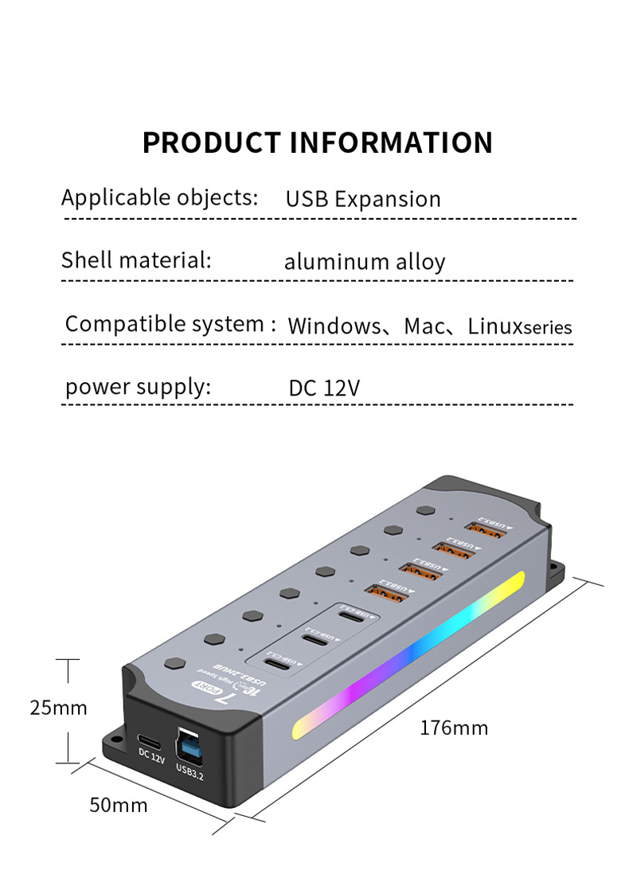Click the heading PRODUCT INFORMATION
[x=318, y=142]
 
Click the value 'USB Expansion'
[x=363, y=199]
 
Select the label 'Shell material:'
[x=136, y=260]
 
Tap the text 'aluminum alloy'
[x=365, y=262]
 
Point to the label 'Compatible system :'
[x=170, y=324]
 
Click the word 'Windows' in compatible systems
[x=334, y=326]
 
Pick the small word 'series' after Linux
[x=547, y=328]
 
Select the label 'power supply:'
[x=138, y=387]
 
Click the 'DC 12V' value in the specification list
[x=324, y=388]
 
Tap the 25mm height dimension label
[x=58, y=707]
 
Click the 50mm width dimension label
[x=118, y=805]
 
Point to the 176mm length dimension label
[x=454, y=728]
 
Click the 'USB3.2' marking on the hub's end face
[x=189, y=770]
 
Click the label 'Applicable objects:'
[x=160, y=197]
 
